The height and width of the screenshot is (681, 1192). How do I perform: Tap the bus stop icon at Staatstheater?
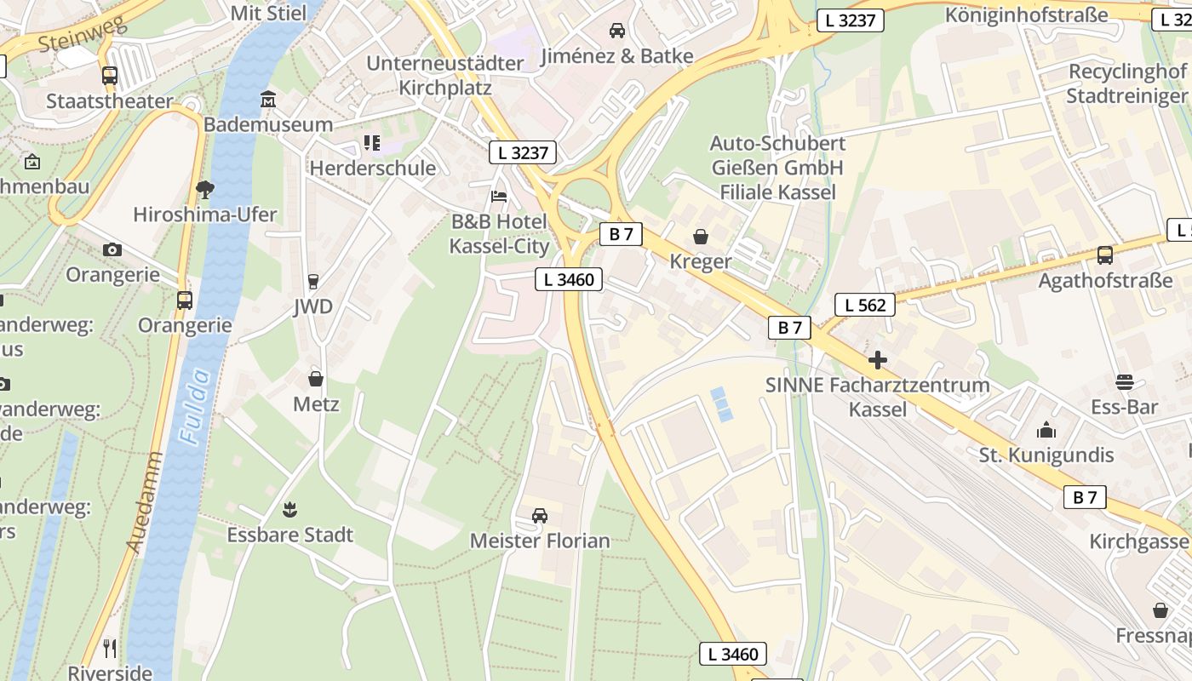(x=110, y=76)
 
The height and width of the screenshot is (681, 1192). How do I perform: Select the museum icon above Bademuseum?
(x=268, y=100)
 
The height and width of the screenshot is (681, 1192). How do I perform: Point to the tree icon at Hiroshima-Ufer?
(x=204, y=189)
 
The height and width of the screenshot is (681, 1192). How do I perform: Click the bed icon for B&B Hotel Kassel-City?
(x=500, y=197)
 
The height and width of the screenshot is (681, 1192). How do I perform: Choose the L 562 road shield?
(x=865, y=305)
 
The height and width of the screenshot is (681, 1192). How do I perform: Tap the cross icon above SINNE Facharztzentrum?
(x=877, y=360)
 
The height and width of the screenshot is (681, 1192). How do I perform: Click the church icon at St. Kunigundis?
(x=1046, y=430)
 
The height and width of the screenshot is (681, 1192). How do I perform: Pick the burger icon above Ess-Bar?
(x=1125, y=382)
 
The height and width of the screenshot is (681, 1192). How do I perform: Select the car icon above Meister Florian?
(x=540, y=516)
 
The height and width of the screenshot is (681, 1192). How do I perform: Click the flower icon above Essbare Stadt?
(x=289, y=510)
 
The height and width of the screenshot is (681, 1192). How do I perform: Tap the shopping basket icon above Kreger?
(x=701, y=236)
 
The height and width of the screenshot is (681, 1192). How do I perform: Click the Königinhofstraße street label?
(x=1026, y=14)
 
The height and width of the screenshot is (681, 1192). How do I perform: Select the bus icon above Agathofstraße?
(x=1105, y=255)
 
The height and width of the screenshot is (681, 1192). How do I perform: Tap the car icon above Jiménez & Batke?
(x=617, y=31)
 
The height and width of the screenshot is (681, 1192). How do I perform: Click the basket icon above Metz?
(x=316, y=379)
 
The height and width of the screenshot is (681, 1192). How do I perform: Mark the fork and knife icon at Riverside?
(x=110, y=649)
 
